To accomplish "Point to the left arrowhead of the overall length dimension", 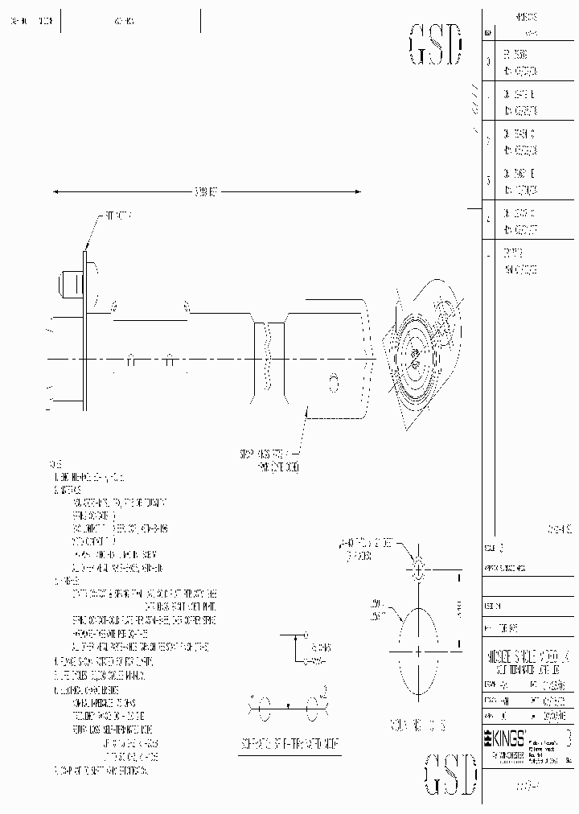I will coord(55,191).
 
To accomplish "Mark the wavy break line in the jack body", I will coord(269,359).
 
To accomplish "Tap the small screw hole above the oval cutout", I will coord(418,572).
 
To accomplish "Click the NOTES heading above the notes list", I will coord(55,465).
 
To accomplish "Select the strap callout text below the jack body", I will coord(265,458).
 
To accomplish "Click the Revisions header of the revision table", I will coord(526,16).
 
